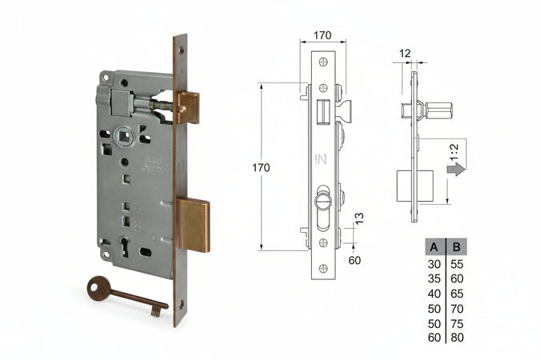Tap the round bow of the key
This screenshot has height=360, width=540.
click(99, 288)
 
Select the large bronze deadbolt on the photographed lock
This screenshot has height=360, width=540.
click(193, 225)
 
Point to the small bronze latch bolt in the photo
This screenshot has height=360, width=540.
click(188, 106)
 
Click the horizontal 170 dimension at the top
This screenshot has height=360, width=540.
click(323, 35)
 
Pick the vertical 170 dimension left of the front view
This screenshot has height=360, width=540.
click(261, 167)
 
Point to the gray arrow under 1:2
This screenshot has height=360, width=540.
click(456, 169)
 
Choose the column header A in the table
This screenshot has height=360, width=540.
click(433, 246)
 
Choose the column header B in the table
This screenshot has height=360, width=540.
click(457, 246)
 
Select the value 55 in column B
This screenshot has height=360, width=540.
click(457, 263)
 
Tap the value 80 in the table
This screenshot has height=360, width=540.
click(457, 337)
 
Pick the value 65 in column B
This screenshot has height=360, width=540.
click(457, 293)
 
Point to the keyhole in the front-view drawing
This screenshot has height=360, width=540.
click(323, 197)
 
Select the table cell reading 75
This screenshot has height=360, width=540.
click(457, 322)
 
